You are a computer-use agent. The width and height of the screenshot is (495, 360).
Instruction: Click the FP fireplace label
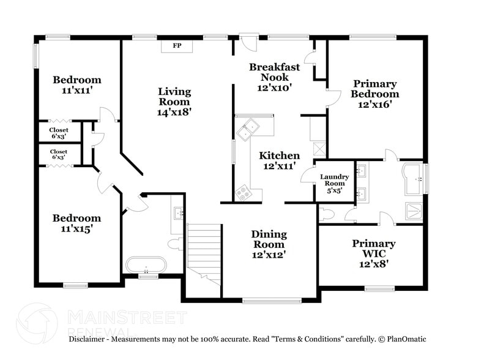tap(177, 46)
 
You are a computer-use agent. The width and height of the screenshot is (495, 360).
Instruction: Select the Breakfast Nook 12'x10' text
tap(274, 77)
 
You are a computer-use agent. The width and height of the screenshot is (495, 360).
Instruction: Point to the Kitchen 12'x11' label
tap(280, 160)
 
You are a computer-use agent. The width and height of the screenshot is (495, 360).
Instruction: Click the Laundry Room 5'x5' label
tap(335, 184)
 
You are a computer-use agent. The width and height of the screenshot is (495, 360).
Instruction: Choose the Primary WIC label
tap(374, 253)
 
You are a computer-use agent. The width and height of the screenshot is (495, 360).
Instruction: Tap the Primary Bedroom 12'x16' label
tap(374, 94)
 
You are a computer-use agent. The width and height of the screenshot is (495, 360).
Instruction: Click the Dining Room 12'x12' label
tap(269, 244)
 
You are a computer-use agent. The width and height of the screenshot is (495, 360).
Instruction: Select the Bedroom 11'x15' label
tap(76, 223)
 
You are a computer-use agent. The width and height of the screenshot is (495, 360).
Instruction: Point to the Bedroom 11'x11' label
tap(77, 84)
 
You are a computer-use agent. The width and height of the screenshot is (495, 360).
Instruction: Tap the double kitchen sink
tap(248, 129)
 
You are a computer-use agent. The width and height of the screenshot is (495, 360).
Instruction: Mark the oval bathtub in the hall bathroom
tap(146, 264)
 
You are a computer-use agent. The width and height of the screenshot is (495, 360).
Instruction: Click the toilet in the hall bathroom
tap(174, 244)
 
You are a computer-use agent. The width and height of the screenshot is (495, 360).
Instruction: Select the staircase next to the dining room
tap(204, 255)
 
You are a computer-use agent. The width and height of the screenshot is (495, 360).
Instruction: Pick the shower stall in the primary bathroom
tap(414, 211)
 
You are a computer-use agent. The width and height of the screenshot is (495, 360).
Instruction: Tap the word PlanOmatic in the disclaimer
tap(407, 339)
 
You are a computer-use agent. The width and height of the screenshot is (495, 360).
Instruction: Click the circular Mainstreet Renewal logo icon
tap(37, 323)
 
